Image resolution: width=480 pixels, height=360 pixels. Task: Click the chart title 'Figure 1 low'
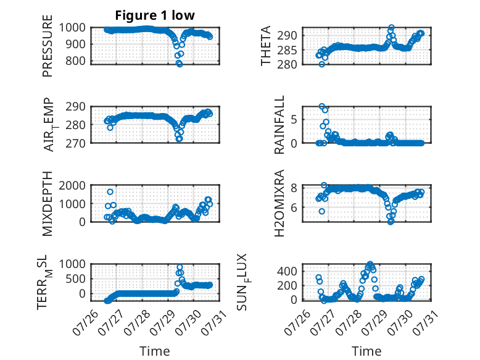[155, 15]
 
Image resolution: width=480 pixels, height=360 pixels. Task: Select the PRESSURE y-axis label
[48, 46]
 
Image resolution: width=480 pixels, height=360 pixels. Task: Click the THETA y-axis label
[266, 46]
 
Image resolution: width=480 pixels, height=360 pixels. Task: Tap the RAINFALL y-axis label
[279, 125]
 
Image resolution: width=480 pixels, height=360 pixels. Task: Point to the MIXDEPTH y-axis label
[48, 204]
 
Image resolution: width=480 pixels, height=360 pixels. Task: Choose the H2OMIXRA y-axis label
[279, 203]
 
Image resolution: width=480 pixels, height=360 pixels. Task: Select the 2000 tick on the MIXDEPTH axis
[73, 185]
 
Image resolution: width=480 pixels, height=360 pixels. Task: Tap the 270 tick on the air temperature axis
[75, 143]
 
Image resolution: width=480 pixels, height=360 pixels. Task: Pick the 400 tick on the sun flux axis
[287, 271]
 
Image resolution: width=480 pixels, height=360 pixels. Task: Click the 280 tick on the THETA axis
[287, 65]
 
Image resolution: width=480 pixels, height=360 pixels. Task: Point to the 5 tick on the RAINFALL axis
[294, 120]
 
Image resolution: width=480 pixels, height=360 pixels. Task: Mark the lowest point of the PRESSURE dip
[180, 64]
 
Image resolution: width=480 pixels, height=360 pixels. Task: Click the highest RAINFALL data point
[321, 106]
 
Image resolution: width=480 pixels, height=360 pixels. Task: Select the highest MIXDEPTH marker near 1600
[110, 192]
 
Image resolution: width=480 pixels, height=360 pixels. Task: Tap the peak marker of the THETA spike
[391, 27]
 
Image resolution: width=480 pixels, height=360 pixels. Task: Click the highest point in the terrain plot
[180, 267]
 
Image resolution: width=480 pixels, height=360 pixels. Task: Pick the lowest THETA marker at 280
[321, 64]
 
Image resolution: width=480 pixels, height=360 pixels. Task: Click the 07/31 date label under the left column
[214, 320]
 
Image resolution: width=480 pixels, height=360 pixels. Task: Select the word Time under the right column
[366, 351]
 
